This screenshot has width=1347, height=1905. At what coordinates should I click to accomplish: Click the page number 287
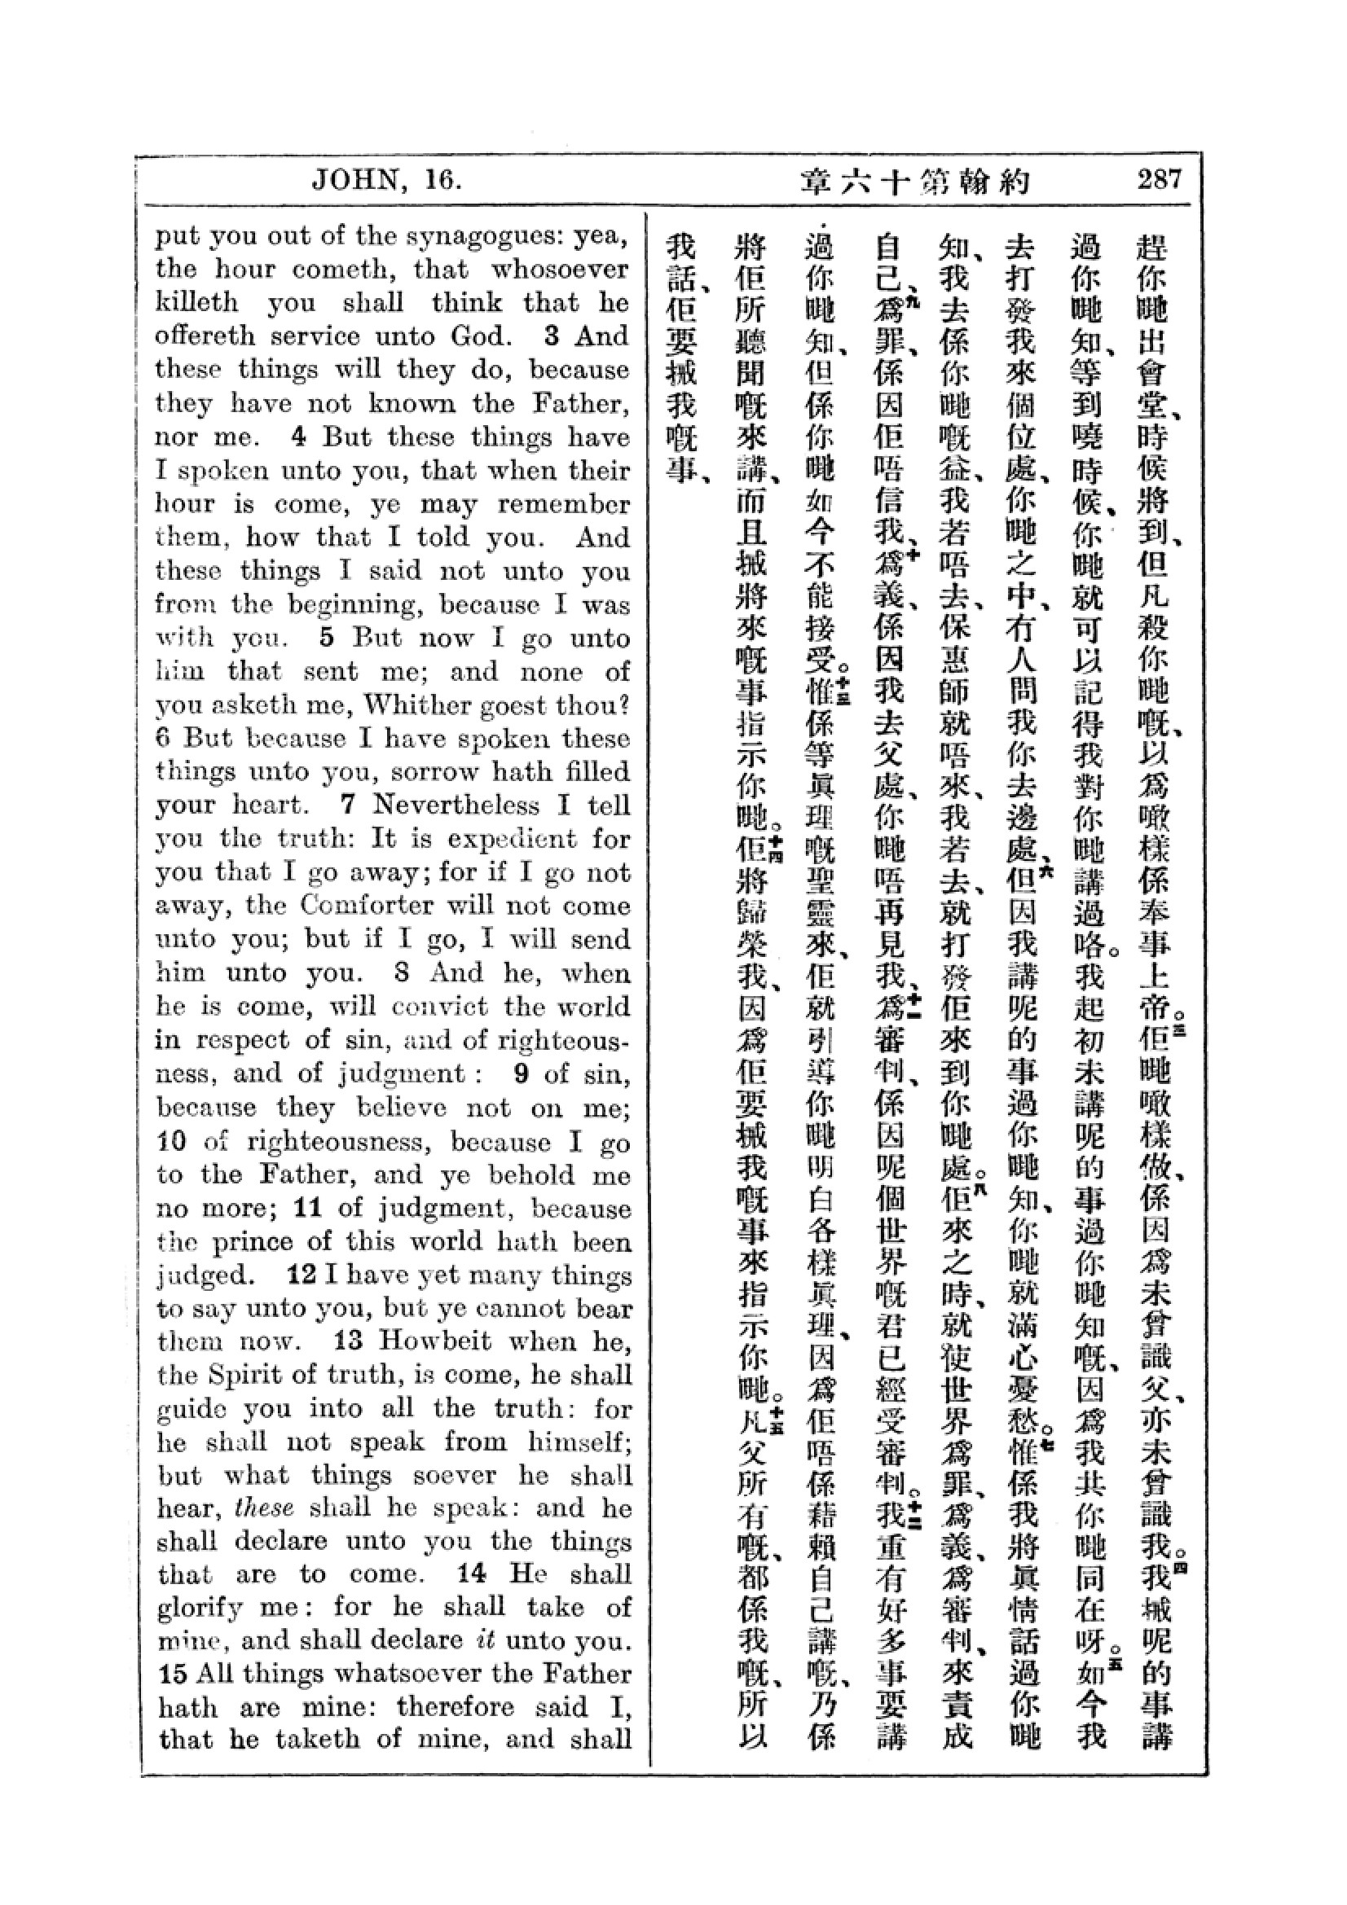tap(1159, 179)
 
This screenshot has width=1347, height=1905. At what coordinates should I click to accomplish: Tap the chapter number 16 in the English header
tap(442, 180)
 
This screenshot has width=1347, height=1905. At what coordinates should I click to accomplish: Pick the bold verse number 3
tap(552, 336)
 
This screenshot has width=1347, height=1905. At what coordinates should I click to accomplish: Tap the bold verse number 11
tap(308, 1207)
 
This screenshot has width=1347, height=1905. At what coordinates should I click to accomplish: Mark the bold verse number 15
tap(173, 1675)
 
